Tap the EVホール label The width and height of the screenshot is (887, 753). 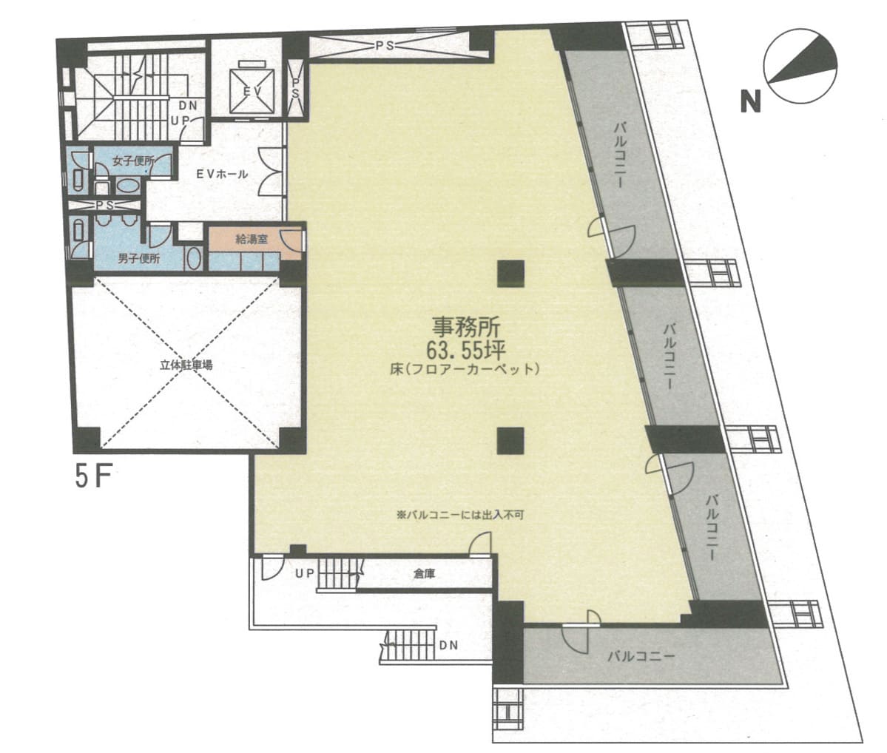(x=222, y=175)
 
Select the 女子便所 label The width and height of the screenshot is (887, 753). (x=133, y=161)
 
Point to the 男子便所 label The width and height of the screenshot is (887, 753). (x=138, y=259)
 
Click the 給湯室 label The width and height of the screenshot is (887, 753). (x=252, y=240)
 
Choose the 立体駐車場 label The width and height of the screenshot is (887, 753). (x=186, y=365)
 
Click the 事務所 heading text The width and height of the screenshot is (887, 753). (x=466, y=327)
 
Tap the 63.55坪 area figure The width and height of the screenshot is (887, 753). (x=465, y=351)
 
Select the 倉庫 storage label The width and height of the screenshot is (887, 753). (x=425, y=574)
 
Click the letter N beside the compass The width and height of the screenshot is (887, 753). (x=750, y=102)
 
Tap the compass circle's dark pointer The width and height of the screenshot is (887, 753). (x=806, y=64)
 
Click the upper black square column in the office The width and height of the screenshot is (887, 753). (x=510, y=273)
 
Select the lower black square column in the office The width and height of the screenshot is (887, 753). (x=510, y=442)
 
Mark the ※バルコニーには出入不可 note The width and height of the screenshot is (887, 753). (x=460, y=516)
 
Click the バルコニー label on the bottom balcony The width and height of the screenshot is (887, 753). (x=641, y=656)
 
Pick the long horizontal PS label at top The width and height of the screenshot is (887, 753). (x=385, y=45)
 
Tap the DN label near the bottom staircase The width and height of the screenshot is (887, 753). (x=448, y=645)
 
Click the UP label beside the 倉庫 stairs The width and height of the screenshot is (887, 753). (x=304, y=574)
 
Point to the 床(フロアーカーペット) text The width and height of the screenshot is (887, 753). (x=465, y=369)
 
